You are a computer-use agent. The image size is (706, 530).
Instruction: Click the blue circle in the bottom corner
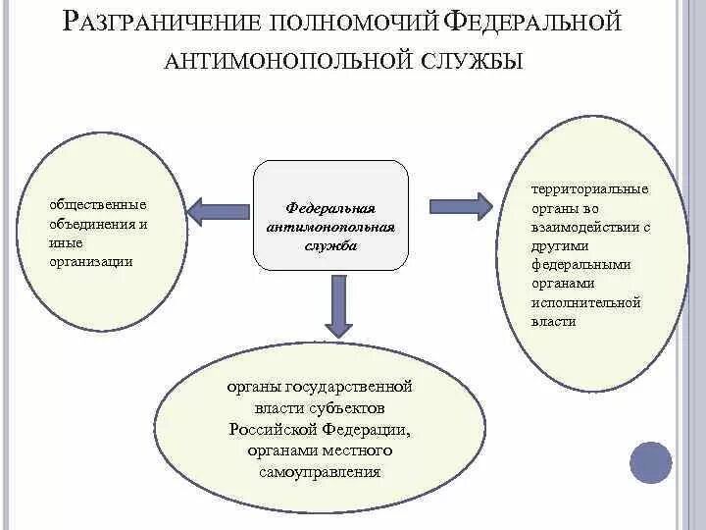pyautogui.click(x=651, y=461)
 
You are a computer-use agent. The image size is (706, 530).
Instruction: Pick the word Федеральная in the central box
pyautogui.click(x=330, y=209)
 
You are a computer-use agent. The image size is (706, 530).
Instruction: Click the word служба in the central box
pyautogui.click(x=330, y=245)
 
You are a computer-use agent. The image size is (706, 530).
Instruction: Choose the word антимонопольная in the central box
pyautogui.click(x=330, y=227)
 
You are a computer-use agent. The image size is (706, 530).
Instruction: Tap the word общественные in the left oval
pyautogui.click(x=98, y=205)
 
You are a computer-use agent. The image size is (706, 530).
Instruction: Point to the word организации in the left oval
pyautogui.click(x=91, y=261)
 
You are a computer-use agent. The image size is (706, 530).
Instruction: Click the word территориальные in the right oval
pyautogui.click(x=589, y=189)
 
